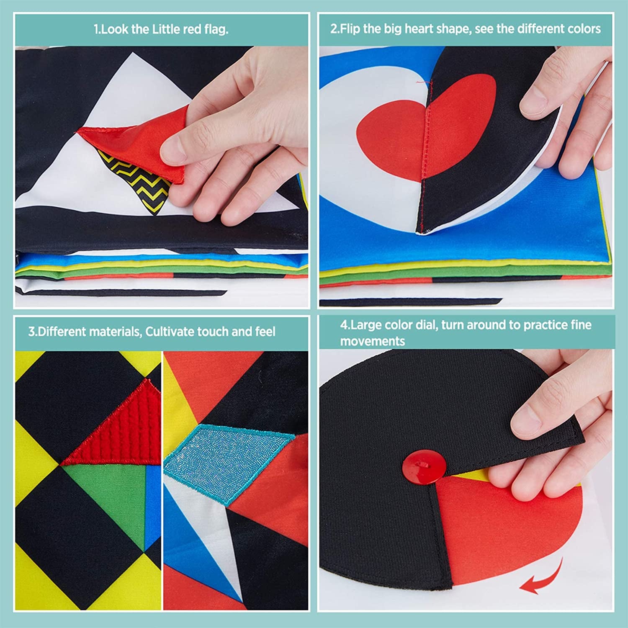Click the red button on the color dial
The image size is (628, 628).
click(x=424, y=467)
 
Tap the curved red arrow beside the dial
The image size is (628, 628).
click(x=542, y=577)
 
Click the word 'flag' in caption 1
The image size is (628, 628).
click(x=216, y=29)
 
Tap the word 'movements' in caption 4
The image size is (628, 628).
click(x=372, y=341)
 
